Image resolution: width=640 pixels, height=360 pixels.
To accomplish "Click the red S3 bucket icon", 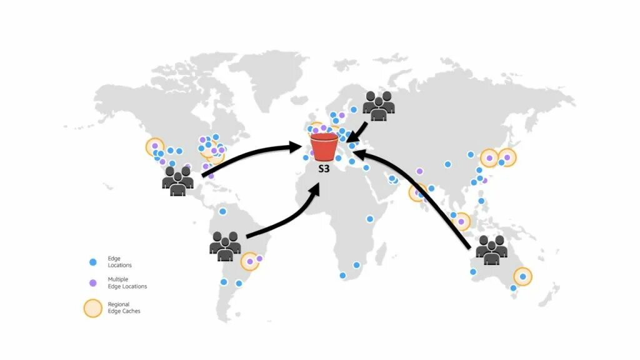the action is coord(324,147).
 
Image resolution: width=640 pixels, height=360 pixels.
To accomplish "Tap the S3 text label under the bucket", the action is coord(324,168).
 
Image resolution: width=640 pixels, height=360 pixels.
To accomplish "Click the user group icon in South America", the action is coord(225,245).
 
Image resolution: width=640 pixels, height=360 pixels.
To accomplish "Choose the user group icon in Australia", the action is coord(491,249).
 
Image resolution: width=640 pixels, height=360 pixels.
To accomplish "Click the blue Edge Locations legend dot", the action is coord(93,262).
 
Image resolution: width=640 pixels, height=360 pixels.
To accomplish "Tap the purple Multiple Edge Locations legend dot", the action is coord(93,283).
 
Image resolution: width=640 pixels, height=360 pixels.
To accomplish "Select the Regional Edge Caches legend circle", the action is coord(93,308).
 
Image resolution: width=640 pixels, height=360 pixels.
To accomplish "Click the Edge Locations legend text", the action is coord(119,262).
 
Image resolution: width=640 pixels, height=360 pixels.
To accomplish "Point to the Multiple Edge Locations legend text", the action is coord(127,283).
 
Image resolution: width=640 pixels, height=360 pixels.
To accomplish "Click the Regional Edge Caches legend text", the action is coord(124,308).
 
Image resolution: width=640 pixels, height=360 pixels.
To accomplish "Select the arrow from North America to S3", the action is coord(250,156).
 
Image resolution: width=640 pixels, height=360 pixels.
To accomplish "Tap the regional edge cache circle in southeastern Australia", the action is coord(522,276).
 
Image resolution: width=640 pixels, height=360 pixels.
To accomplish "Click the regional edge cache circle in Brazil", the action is coord(250,261).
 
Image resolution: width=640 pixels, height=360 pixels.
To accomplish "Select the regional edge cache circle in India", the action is coord(417,192).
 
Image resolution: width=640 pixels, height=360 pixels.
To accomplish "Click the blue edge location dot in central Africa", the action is coord(370,219).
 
